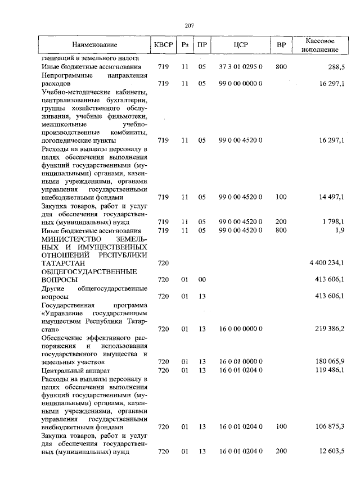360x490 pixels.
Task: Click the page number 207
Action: pyautogui.click(x=190, y=25)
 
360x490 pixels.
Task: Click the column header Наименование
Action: pyautogui.click(x=94, y=44)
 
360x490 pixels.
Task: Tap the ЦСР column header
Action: pyautogui.click(x=241, y=44)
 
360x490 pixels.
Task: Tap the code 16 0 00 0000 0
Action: pyautogui.click(x=241, y=328)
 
